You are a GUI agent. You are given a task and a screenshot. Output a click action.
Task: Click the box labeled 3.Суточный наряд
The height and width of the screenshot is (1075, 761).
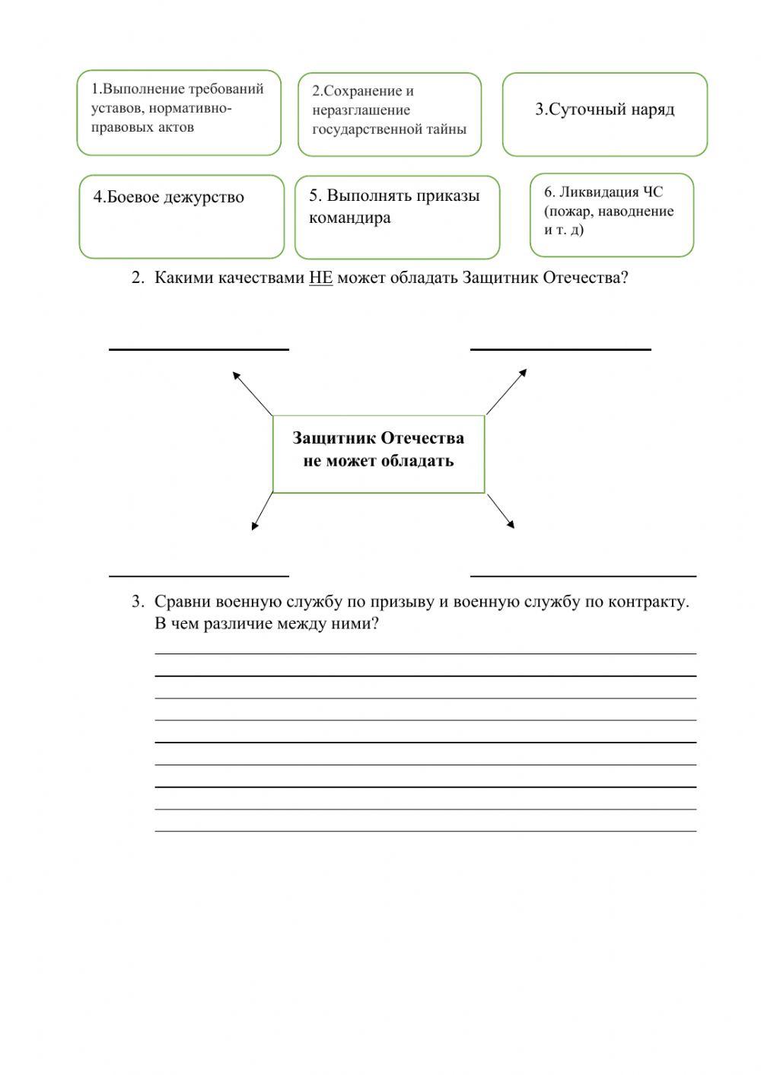[x=604, y=114]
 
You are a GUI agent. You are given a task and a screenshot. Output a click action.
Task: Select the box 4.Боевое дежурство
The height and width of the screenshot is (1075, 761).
[x=181, y=217]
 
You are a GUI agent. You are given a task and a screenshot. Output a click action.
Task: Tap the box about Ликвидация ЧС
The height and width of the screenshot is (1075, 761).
[x=611, y=215]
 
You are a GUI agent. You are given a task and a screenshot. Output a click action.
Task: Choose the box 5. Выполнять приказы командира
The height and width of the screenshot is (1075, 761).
[x=396, y=217]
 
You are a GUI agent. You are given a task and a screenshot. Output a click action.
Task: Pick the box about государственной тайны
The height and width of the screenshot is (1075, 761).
[x=389, y=114]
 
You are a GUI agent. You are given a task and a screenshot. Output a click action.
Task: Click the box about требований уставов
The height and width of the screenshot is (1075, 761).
[x=179, y=113]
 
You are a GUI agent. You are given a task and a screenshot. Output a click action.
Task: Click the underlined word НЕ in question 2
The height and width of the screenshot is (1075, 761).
[x=320, y=278]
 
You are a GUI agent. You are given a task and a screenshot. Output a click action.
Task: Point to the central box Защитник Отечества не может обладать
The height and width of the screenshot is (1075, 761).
[x=378, y=453]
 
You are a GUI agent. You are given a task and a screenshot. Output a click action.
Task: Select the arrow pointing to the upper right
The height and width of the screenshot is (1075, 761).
[x=506, y=392]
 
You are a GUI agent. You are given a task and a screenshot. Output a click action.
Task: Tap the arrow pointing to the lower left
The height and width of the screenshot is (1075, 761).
[x=262, y=511]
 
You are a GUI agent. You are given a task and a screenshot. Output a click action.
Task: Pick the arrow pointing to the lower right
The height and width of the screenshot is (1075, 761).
[x=501, y=510]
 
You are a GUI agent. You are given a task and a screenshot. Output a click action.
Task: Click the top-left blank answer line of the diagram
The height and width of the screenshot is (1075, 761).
[x=199, y=348]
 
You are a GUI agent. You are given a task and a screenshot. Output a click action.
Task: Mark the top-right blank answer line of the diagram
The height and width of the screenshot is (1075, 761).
[x=560, y=348]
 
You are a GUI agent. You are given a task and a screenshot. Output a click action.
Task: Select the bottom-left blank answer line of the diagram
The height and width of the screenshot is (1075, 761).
[x=199, y=575]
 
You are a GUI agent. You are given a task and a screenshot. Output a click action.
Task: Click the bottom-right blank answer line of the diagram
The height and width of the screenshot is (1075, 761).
[x=583, y=575]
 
